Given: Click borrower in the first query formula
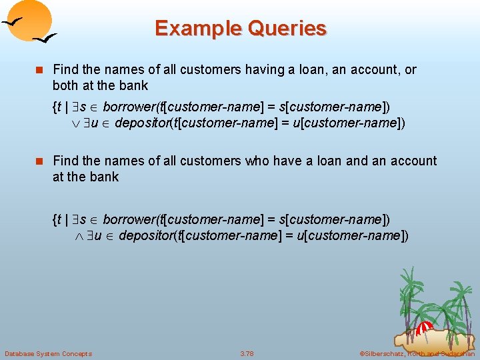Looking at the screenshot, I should (x=128, y=107).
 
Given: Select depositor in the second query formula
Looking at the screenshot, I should (x=143, y=235).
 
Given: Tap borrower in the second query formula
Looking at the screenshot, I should (x=128, y=219).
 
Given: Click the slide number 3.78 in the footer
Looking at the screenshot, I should (x=247, y=353).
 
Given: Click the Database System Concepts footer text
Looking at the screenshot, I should (x=48, y=353).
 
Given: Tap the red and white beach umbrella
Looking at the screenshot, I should (x=423, y=329).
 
